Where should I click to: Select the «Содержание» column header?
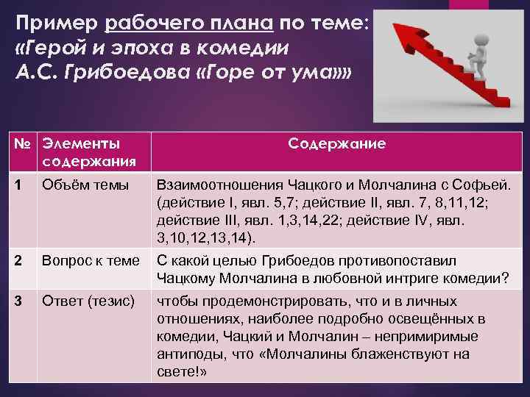[336, 143]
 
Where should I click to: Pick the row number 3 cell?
[22, 301]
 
